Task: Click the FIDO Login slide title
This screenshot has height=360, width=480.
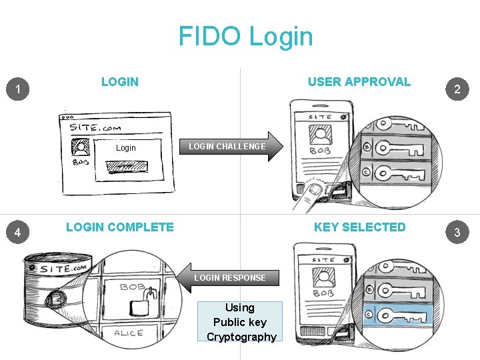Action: [x=245, y=37]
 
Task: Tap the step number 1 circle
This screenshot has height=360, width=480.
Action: [x=21, y=89]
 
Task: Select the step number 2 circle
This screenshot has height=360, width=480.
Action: [x=457, y=89]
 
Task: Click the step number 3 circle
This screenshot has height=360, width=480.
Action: [x=457, y=232]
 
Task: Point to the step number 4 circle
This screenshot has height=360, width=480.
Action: [x=21, y=232]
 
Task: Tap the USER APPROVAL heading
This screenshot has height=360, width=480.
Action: [x=359, y=82]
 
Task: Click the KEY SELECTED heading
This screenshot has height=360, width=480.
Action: [x=359, y=227]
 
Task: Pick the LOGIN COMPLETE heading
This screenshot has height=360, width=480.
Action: [x=120, y=227]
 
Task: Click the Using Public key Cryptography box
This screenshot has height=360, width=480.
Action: [x=240, y=322]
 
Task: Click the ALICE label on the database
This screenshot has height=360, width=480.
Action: [x=129, y=333]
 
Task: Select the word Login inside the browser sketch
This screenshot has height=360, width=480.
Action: [x=125, y=148]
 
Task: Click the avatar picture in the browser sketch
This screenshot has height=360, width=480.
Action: [x=81, y=147]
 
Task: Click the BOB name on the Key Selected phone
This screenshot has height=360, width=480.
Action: [x=323, y=293]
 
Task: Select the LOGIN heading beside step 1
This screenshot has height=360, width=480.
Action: [x=120, y=82]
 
